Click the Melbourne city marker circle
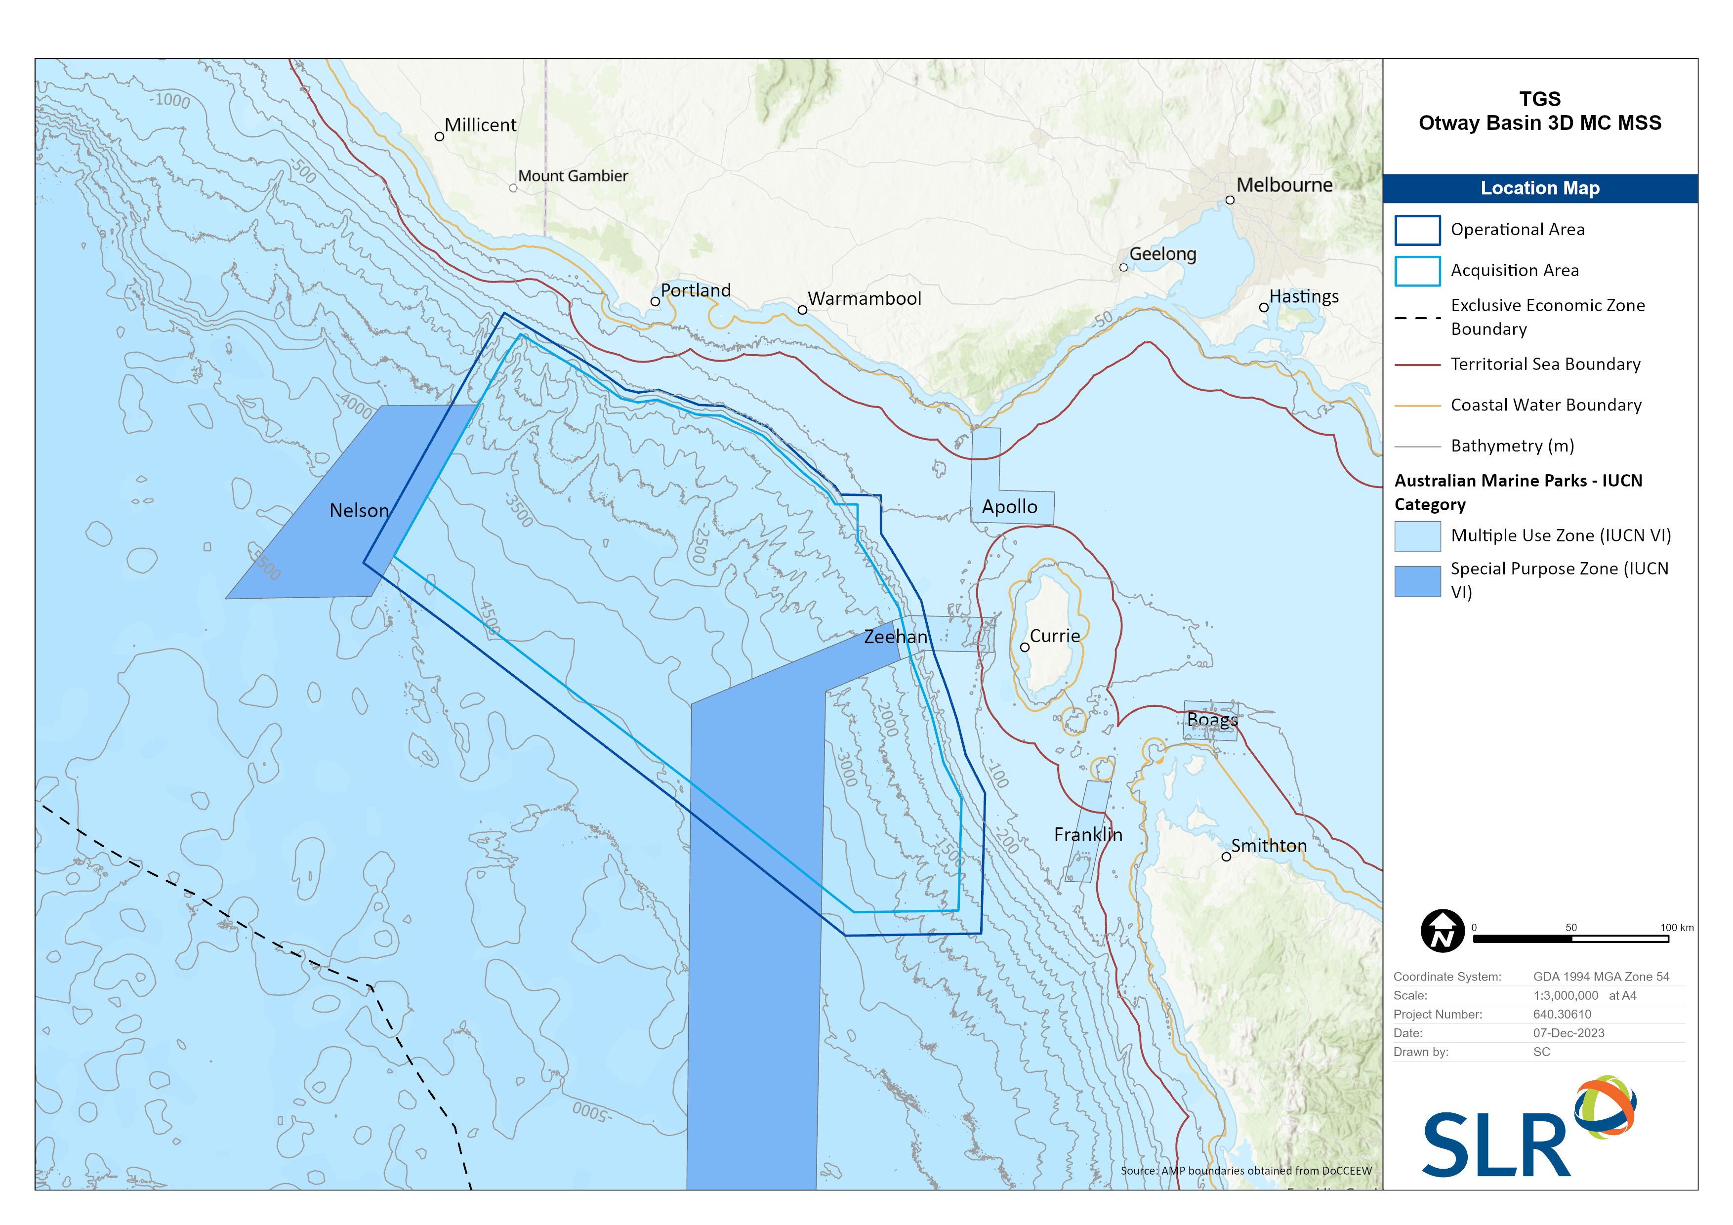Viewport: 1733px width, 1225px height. click(1230, 200)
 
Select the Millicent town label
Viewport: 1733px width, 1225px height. click(480, 125)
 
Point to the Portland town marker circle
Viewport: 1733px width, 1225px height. click(655, 301)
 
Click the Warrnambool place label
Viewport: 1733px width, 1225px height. click(864, 299)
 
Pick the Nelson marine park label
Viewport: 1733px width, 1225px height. click(359, 511)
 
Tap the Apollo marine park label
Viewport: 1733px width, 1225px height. click(1009, 507)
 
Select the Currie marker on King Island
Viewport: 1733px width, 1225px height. click(1024, 647)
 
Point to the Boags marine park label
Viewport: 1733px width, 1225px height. click(1212, 720)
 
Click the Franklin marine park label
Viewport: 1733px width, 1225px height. click(1088, 835)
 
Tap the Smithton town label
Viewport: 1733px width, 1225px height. click(1268, 846)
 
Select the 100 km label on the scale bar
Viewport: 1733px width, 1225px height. click(1676, 928)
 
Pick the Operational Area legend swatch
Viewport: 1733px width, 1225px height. click(1417, 230)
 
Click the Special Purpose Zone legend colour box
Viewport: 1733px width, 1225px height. click(1417, 580)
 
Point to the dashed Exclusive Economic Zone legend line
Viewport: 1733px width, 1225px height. click(1417, 318)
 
